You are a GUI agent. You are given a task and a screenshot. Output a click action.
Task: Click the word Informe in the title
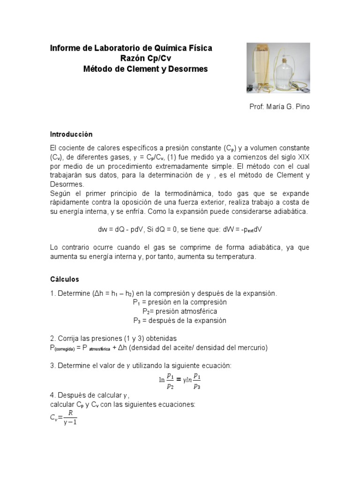[66, 48]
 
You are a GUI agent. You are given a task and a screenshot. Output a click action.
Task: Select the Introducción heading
[71, 134]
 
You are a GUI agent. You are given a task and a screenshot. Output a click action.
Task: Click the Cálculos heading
[65, 279]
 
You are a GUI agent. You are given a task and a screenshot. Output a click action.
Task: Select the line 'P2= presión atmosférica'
[180, 311]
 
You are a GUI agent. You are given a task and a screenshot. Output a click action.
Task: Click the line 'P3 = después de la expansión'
[180, 321]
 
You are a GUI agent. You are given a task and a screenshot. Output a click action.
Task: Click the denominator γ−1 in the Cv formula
[70, 421]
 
